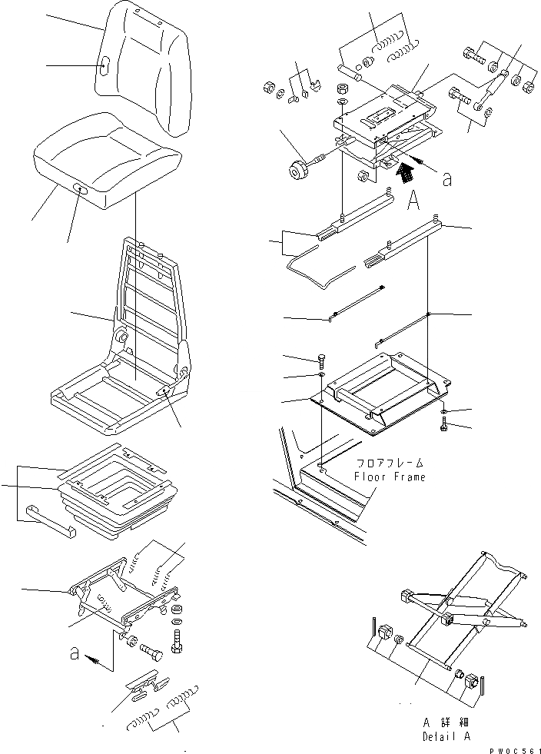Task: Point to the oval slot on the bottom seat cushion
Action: pos(80,188)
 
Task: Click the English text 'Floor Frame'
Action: pos(389,477)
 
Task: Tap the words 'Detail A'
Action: pos(446,736)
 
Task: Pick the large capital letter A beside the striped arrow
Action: pos(412,201)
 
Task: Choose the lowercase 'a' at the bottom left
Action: pos(75,653)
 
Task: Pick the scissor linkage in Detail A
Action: pos(461,607)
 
